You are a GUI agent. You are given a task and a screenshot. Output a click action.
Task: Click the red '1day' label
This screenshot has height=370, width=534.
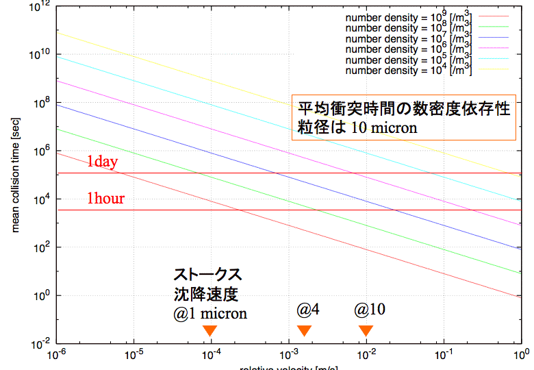(x=103, y=162)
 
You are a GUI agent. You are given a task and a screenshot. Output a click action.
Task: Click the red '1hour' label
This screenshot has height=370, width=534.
(x=105, y=199)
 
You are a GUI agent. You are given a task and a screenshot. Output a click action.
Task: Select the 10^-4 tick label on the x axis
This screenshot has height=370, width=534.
(x=212, y=356)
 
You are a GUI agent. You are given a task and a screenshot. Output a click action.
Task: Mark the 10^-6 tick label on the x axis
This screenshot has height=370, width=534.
(x=56, y=356)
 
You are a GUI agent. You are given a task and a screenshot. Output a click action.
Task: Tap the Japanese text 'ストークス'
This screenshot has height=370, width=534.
(x=207, y=275)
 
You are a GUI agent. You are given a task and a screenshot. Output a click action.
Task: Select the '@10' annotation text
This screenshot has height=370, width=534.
(x=369, y=309)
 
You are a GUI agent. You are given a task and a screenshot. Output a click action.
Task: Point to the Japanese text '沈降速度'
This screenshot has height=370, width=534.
(x=203, y=294)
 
